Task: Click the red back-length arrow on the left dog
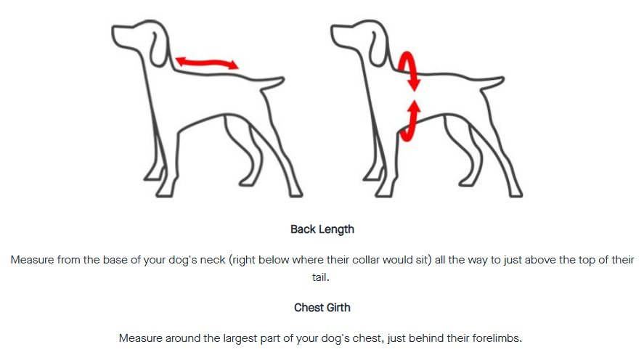207,63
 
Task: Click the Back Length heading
322,229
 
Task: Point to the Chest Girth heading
322,308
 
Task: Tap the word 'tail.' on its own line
320,277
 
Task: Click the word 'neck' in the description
213,260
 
